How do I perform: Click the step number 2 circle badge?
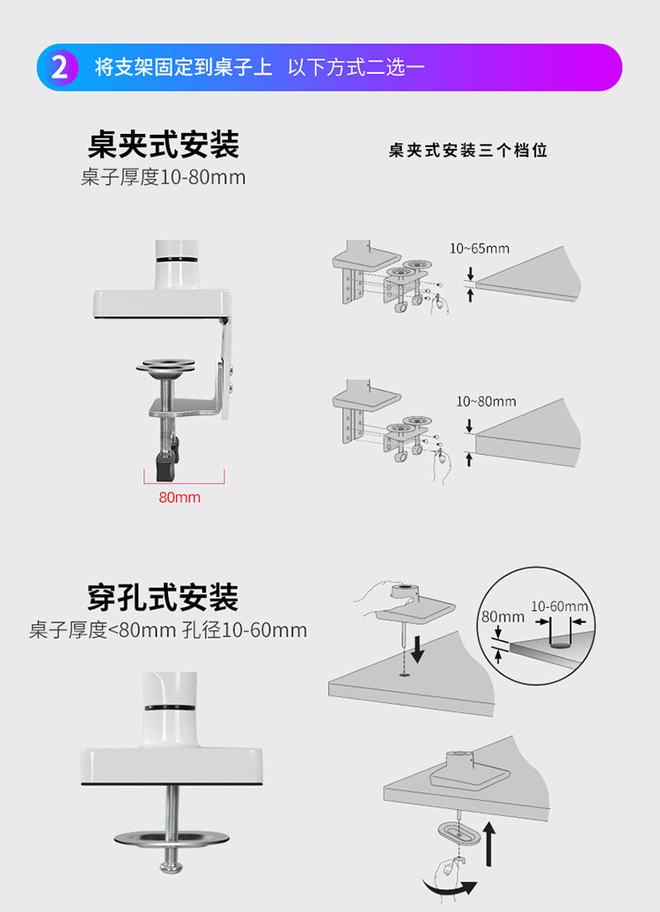coord(60,68)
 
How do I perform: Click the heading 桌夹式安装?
coord(164,144)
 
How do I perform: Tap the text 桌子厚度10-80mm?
coord(164,177)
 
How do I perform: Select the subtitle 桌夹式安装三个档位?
coord(468,151)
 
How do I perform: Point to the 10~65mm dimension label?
coord(480,248)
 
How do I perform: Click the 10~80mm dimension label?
coord(486,401)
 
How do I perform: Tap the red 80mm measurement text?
coord(180,497)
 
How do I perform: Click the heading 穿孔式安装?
coord(164,599)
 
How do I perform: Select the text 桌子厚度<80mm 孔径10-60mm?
coord(168,630)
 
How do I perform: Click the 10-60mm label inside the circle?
coord(560,607)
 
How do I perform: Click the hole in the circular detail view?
coord(558,644)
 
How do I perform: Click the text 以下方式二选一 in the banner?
coord(356,68)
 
